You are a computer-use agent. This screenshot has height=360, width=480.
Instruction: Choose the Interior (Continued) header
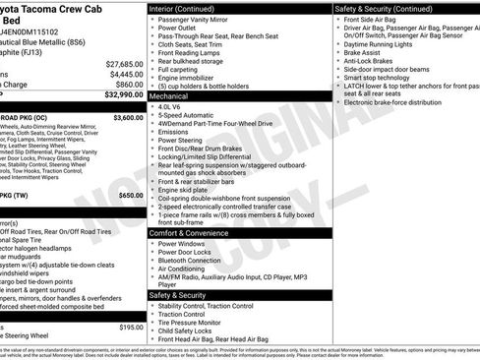click(x=182, y=8)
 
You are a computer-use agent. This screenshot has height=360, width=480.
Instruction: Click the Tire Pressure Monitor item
click(x=192, y=323)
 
